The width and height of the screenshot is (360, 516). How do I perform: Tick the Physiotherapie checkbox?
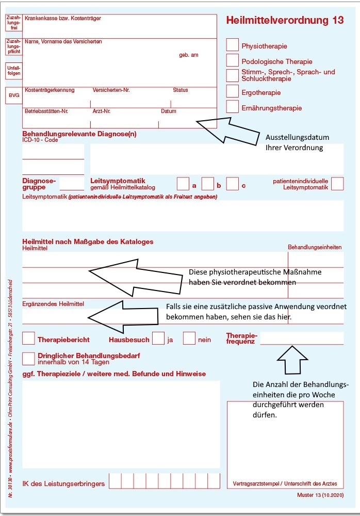coord(233,45)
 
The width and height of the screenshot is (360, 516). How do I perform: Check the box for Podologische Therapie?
coord(233,60)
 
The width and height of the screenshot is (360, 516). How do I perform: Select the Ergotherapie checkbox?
coord(233,91)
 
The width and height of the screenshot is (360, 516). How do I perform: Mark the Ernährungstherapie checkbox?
coord(233,107)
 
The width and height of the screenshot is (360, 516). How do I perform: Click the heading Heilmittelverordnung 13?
coord(285,20)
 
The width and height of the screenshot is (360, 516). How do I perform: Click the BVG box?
coord(14,95)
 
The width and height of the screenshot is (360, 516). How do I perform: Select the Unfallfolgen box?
coord(14,71)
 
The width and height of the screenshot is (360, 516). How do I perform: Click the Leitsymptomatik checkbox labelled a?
coord(183,184)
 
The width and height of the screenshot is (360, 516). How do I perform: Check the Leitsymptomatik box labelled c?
coord(233,184)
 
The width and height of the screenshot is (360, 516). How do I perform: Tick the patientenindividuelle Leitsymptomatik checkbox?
coord(337,184)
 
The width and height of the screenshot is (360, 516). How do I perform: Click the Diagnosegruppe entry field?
coord(72,184)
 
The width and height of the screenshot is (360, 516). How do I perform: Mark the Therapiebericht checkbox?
coord(29,338)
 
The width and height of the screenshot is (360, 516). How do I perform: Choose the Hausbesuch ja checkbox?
coord(159,338)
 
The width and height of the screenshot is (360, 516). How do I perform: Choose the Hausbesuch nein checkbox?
coord(189,338)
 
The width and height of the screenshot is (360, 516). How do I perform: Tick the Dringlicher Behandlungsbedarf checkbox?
coord(29,358)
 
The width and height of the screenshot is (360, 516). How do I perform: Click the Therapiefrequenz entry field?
coord(302,338)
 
